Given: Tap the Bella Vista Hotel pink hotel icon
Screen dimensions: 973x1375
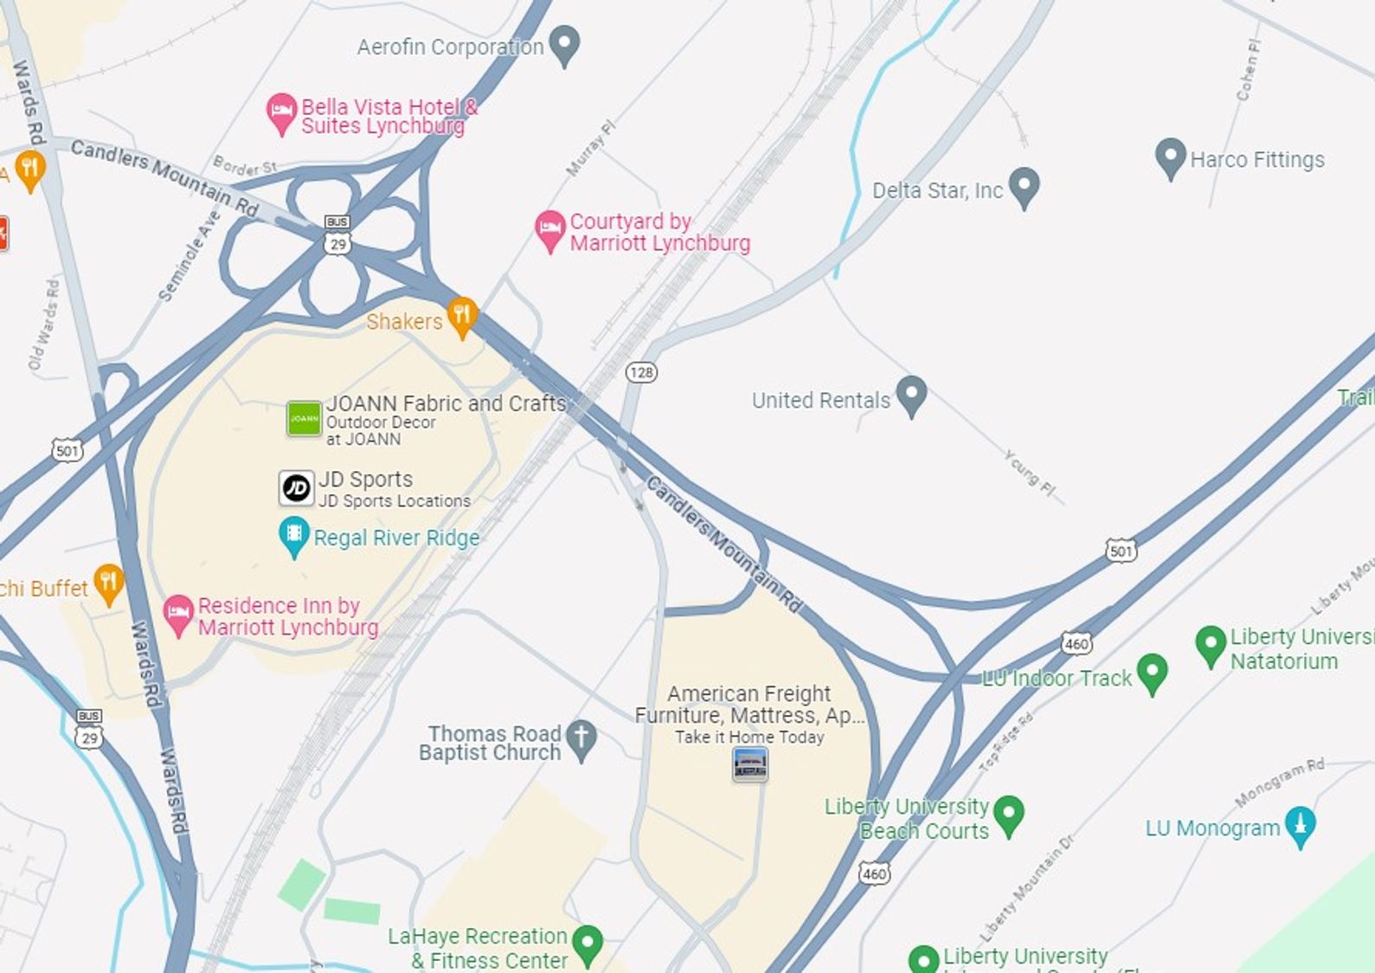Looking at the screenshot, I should click(280, 113).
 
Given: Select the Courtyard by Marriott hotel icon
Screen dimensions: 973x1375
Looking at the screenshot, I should click(549, 230).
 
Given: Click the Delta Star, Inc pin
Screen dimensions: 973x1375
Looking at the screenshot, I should click(1024, 185).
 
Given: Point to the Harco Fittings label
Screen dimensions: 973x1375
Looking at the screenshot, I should click(1256, 160).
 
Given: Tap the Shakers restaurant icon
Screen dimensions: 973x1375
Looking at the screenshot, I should click(461, 315).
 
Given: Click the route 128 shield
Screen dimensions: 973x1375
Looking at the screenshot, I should click(641, 372).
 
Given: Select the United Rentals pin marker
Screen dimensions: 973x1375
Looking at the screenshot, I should click(910, 395).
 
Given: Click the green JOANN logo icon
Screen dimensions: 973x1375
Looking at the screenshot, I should click(304, 419).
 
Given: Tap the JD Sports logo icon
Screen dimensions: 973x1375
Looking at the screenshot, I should click(296, 488).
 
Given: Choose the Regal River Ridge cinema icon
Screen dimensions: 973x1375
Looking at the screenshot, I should click(294, 535).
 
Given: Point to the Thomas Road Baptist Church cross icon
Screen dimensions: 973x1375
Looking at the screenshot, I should click(581, 739).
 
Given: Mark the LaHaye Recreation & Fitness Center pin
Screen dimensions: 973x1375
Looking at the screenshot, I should click(588, 944).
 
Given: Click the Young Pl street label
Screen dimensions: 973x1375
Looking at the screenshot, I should click(1030, 473).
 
